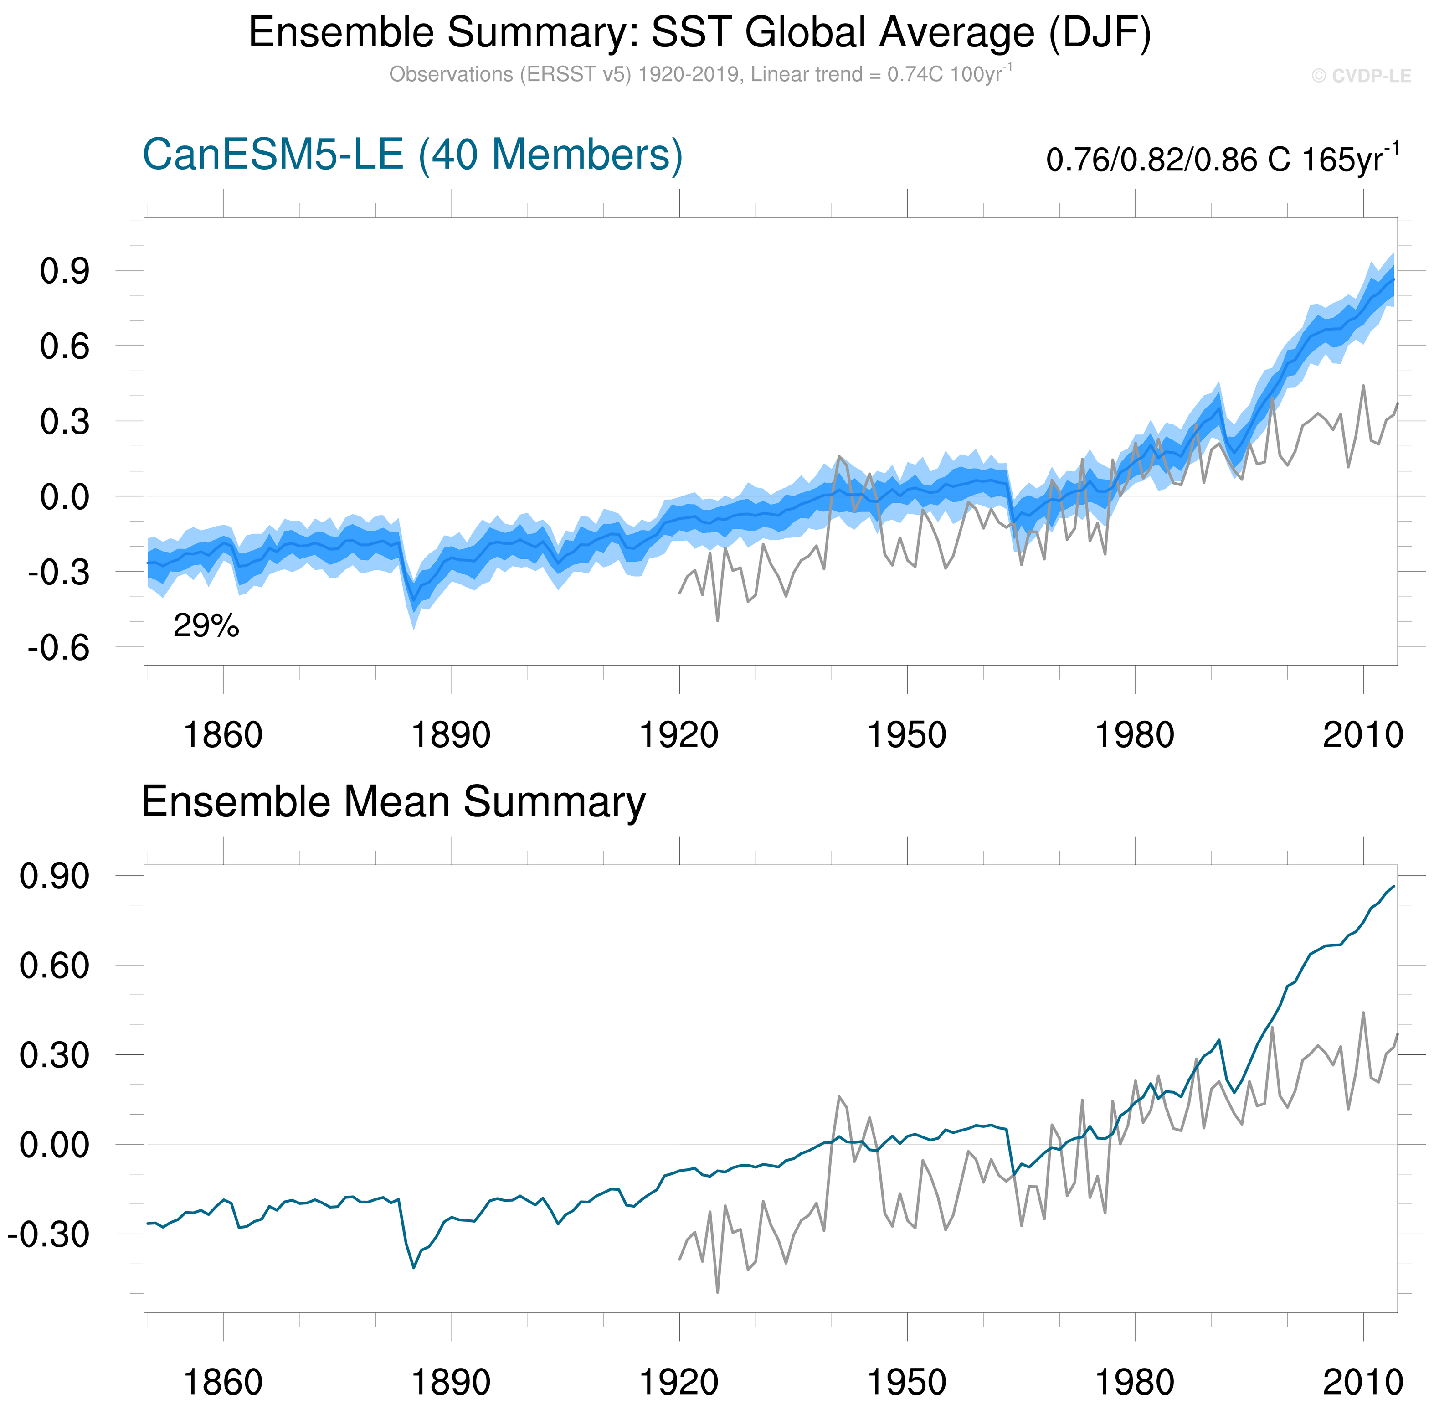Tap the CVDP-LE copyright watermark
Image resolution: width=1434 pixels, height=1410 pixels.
click(x=1361, y=76)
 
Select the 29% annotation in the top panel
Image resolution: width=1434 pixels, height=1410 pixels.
click(x=206, y=626)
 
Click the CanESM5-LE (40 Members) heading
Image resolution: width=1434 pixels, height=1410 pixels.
click(x=412, y=155)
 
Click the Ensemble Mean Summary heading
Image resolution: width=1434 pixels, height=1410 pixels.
click(x=393, y=802)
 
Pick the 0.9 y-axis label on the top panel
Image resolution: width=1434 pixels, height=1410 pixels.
click(x=64, y=272)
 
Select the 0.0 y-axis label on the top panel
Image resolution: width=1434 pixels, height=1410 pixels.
click(x=64, y=498)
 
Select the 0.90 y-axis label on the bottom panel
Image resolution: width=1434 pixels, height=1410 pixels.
click(x=54, y=876)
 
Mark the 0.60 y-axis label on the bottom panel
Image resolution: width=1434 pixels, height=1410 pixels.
click(x=54, y=966)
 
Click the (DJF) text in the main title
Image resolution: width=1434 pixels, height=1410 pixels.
click(x=1100, y=33)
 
